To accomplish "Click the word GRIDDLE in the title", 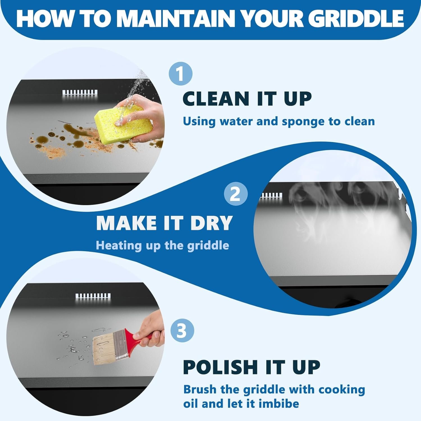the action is point(358,19).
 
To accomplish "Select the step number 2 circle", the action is point(236,194).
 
